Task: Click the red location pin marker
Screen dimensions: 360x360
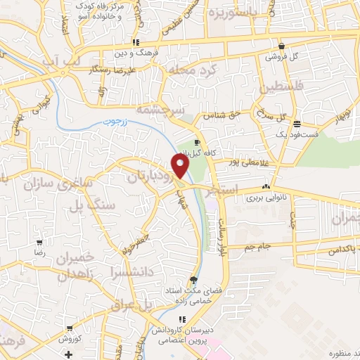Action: pyautogui.click(x=181, y=166)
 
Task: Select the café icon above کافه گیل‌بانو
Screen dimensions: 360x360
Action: pyautogui.click(x=206, y=142)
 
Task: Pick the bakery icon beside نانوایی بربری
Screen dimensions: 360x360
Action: pyautogui.click(x=265, y=187)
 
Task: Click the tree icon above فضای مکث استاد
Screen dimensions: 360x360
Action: pyautogui.click(x=193, y=280)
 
